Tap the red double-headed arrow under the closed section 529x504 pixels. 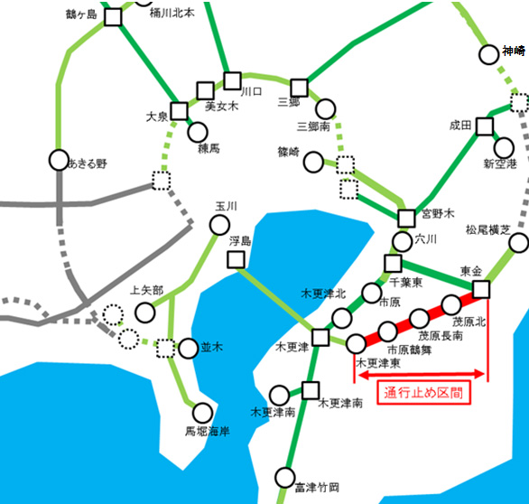point(419,370)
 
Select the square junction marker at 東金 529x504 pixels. point(481,289)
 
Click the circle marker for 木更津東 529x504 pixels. point(357,343)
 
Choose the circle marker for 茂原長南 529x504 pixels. point(419,318)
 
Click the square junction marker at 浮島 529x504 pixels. point(236,260)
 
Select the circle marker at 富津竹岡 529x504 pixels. point(286,476)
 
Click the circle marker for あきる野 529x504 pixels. point(59,161)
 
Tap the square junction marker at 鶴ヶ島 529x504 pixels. point(113,17)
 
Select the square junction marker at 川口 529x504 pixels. point(232,79)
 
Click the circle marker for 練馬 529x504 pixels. point(199,132)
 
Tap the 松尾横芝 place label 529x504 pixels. point(489,229)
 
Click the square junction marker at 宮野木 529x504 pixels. point(406,217)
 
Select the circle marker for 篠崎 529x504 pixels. point(313,163)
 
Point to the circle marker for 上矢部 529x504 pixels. point(144,313)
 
